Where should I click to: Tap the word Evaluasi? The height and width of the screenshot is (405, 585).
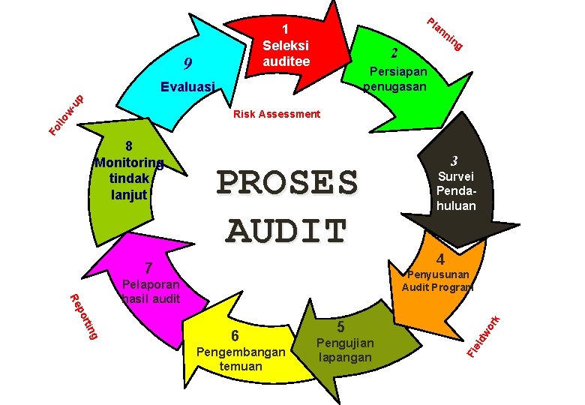pos(188,87)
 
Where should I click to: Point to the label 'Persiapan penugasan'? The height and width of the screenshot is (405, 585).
pos(395,79)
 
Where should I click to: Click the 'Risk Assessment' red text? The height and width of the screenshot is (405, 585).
pos(277,115)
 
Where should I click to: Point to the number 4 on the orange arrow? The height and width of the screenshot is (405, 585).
pos(442,259)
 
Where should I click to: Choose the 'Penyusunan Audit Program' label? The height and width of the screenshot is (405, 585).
pos(438,280)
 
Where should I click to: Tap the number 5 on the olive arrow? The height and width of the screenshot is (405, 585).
pos(340,326)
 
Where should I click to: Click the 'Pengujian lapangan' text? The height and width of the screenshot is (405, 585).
pos(345,350)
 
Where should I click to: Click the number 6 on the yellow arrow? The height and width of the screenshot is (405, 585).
pos(235,335)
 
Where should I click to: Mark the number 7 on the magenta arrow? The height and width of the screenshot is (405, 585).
pos(149,268)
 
